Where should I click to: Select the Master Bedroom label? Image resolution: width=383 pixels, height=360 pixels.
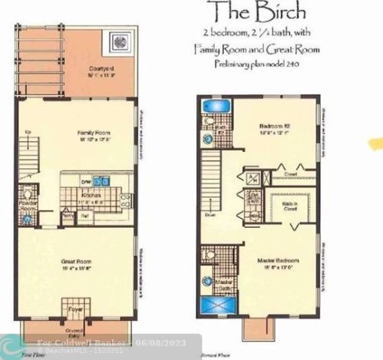[x=278, y=263]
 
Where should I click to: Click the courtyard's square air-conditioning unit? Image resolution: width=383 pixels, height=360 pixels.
[x=121, y=38]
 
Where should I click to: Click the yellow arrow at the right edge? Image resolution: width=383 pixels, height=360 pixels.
[x=376, y=143]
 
